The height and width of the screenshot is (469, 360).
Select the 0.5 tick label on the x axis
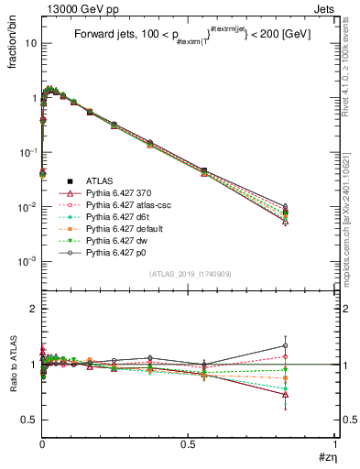[x=188, y=442]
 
